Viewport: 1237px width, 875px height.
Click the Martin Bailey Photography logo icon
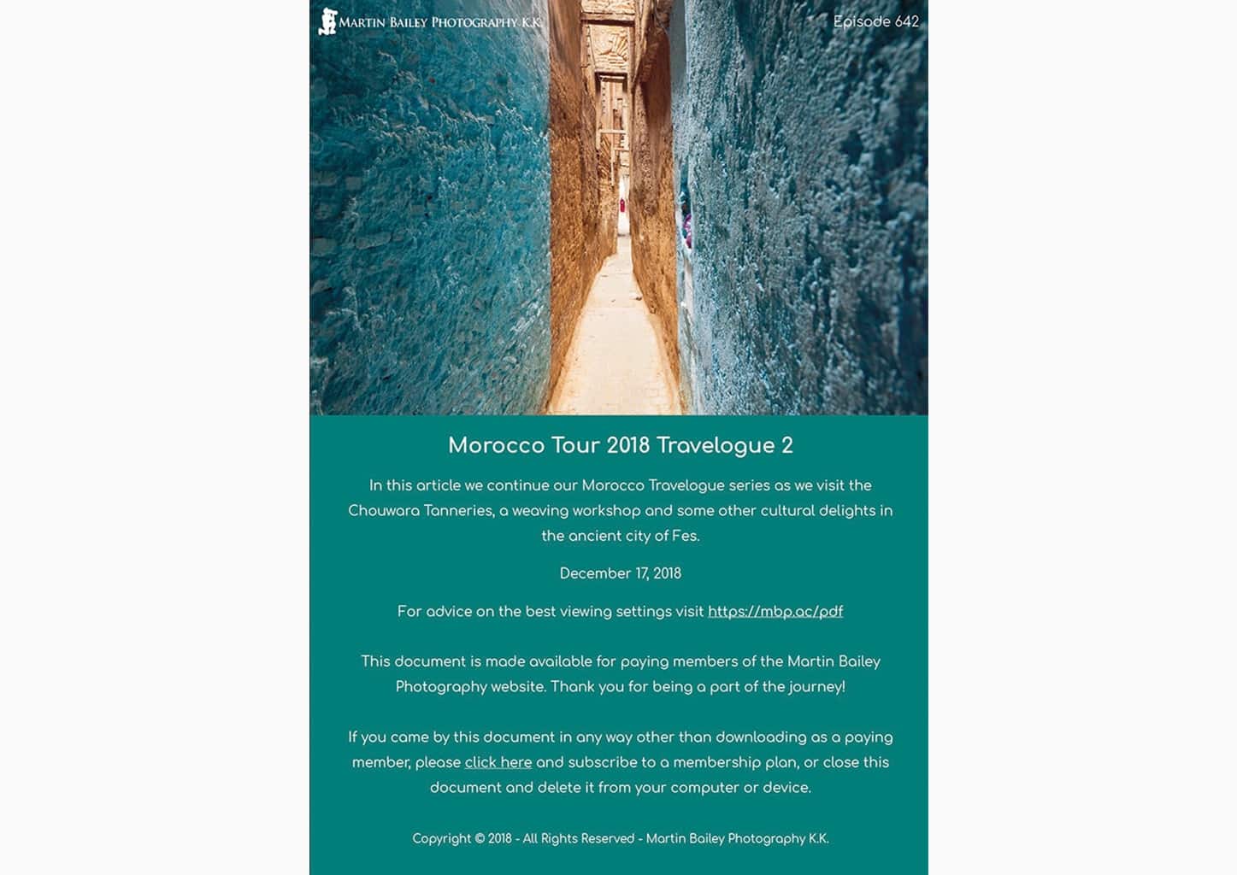(327, 21)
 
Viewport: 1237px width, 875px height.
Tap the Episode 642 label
(875, 21)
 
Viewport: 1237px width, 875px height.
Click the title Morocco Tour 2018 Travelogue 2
(620, 445)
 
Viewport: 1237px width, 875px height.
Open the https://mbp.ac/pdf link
(775, 611)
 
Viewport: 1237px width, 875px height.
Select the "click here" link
(498, 762)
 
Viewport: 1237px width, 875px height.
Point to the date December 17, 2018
(620, 573)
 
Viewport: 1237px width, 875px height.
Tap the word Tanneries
(457, 511)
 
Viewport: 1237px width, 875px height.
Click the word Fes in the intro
(685, 536)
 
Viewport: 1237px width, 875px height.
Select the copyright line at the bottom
(620, 838)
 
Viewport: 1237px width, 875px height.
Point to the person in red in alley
(621, 206)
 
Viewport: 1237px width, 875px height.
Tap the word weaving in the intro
(539, 511)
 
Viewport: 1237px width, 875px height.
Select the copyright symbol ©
(480, 838)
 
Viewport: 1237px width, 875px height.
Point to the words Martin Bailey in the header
(383, 22)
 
